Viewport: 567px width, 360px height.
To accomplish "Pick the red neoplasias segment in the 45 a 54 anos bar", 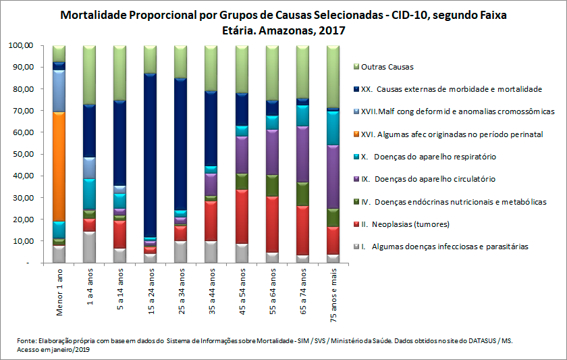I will point(241,216).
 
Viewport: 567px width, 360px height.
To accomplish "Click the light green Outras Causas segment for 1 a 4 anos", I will point(89,75).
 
